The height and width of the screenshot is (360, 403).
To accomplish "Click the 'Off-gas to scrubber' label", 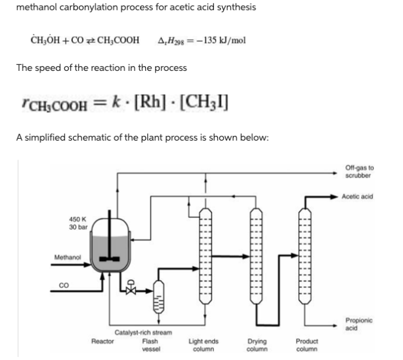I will [x=359, y=171].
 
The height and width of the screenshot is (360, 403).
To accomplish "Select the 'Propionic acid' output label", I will [x=359, y=324].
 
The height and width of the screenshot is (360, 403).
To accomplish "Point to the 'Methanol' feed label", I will [x=67, y=258].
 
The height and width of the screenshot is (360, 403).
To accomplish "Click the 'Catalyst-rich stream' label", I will [x=143, y=333].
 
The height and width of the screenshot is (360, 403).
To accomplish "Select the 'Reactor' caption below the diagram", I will [x=102, y=341].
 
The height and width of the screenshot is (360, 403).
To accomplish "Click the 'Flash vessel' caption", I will [x=150, y=345].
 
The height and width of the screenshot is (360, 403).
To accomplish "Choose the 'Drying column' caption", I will [x=258, y=345].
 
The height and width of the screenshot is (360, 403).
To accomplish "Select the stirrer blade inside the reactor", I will [x=110, y=259].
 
